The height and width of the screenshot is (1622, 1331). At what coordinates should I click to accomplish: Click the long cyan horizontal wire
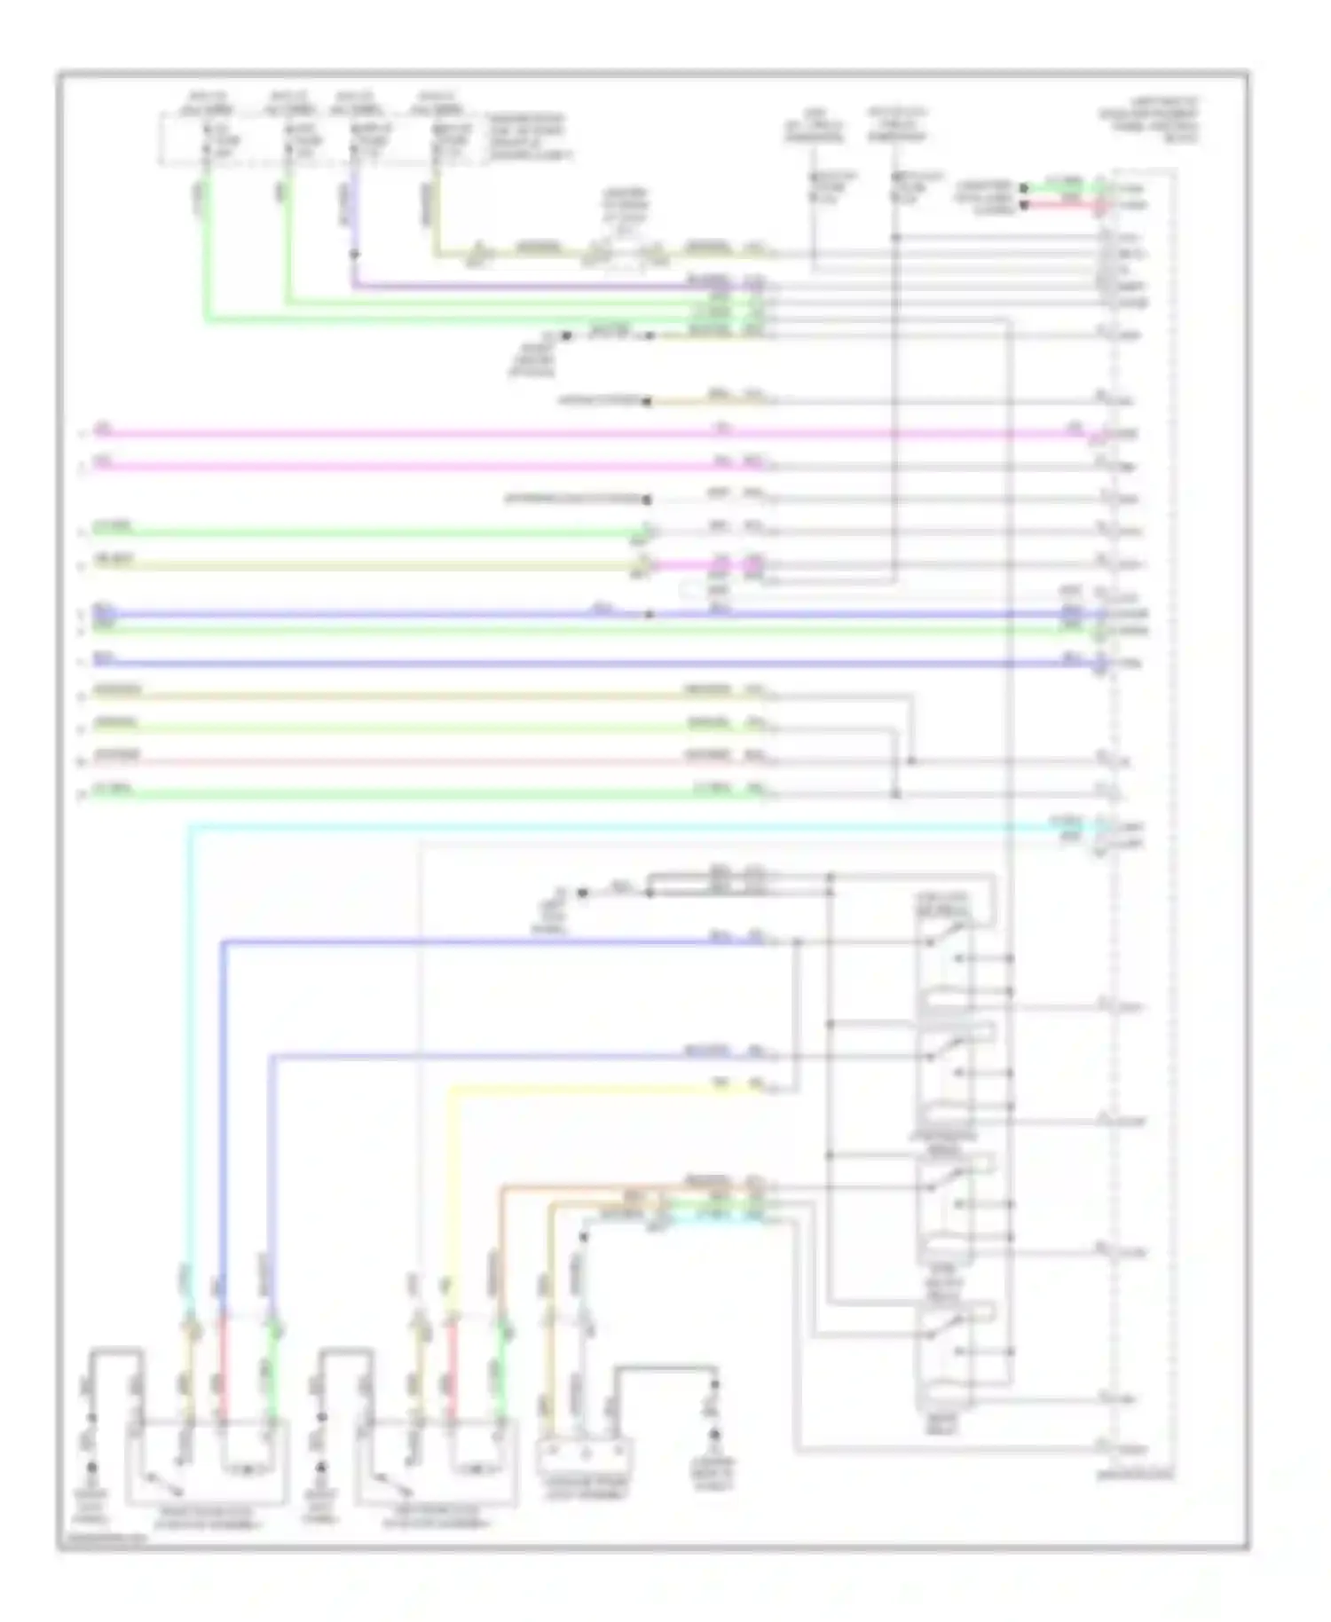(621, 828)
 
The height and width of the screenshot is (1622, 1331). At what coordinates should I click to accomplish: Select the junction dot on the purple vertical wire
(353, 255)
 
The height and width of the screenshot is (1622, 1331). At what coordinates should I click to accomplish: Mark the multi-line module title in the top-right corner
(1148, 121)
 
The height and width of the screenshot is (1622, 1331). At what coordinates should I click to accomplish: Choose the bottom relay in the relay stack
(944, 1340)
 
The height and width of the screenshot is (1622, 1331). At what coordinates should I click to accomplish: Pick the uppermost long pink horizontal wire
(532, 434)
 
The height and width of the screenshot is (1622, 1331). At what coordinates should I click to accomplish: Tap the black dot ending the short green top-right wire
(1023, 188)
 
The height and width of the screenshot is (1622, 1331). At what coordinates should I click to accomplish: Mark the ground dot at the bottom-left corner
(91, 1468)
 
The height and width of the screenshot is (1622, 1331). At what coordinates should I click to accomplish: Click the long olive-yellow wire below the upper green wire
(355, 565)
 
